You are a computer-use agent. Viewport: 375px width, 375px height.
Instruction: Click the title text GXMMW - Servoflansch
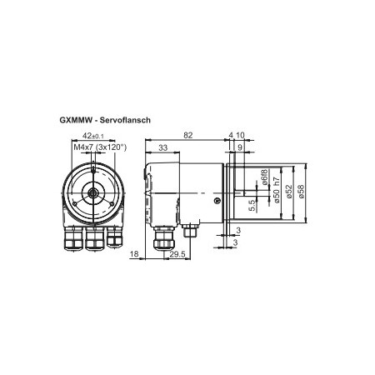105,120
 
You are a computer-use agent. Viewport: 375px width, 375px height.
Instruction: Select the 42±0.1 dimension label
93,136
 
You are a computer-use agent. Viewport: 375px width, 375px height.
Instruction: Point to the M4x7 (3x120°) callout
100,147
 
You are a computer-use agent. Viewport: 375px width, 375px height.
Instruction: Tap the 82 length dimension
188,135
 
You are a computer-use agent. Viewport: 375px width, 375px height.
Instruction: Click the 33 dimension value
163,147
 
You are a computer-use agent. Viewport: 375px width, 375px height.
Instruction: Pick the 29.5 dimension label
177,254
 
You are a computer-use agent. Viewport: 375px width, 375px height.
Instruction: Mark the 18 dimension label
134,254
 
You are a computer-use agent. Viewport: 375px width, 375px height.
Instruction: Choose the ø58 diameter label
301,192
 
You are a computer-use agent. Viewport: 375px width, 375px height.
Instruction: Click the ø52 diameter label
289,192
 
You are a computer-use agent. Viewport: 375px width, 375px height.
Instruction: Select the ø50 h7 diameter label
277,190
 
